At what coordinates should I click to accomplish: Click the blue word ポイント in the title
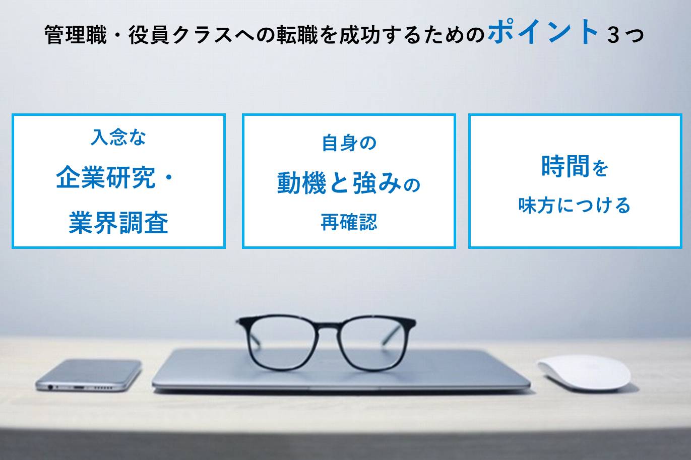(543, 31)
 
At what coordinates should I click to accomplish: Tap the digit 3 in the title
(613, 35)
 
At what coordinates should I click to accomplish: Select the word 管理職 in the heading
(76, 35)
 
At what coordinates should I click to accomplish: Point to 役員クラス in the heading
(181, 35)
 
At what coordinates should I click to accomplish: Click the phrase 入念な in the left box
(118, 137)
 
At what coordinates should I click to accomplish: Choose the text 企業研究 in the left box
(106, 177)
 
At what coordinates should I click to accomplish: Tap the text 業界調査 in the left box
(118, 223)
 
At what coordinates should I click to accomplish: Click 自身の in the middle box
(349, 143)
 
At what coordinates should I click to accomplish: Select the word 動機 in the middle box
(301, 183)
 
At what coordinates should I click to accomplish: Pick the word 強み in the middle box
(377, 183)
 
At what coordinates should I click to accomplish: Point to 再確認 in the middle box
(349, 222)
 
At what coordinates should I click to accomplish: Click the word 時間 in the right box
(566, 166)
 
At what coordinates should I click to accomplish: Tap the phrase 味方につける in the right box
(575, 205)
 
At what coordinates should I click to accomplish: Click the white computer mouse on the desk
(584, 373)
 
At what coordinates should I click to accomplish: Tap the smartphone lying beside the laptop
(89, 375)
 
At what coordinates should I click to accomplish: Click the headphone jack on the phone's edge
(50, 386)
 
